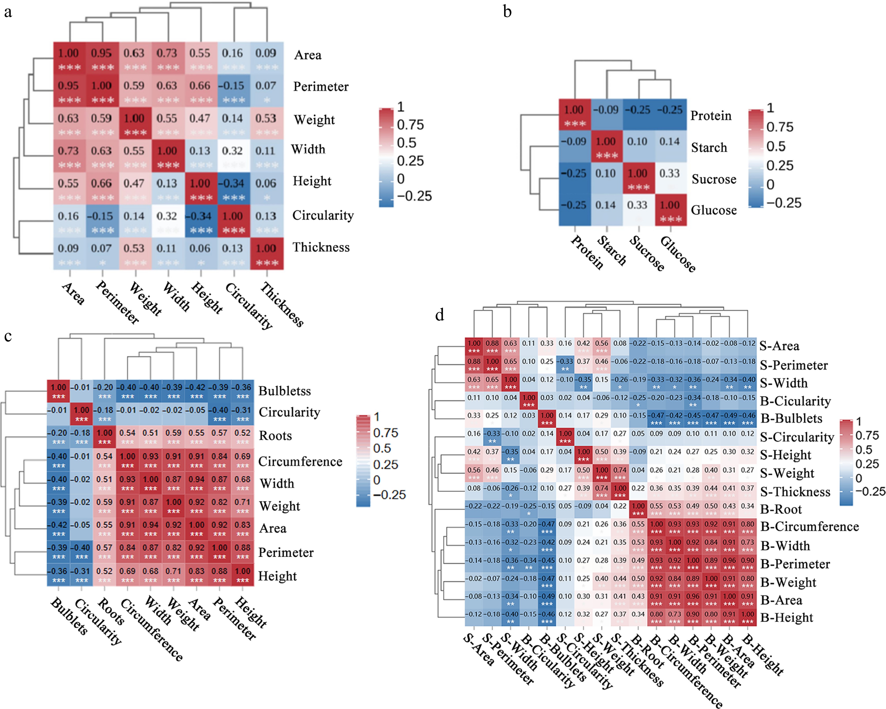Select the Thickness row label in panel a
pyautogui.click(x=321, y=247)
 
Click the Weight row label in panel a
pyautogui.click(x=314, y=120)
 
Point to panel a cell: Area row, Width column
pyautogui.click(x=168, y=58)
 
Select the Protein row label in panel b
pyautogui.click(x=711, y=116)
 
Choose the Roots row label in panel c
pyautogui.click(x=275, y=436)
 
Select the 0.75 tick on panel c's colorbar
pyautogui.click(x=385, y=433)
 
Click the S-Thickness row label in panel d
pyautogui.click(x=795, y=492)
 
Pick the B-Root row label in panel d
pyautogui.click(x=781, y=509)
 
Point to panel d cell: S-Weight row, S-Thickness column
pyautogui.click(x=620, y=473)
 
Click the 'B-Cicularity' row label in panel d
pyautogui.click(x=795, y=401)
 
